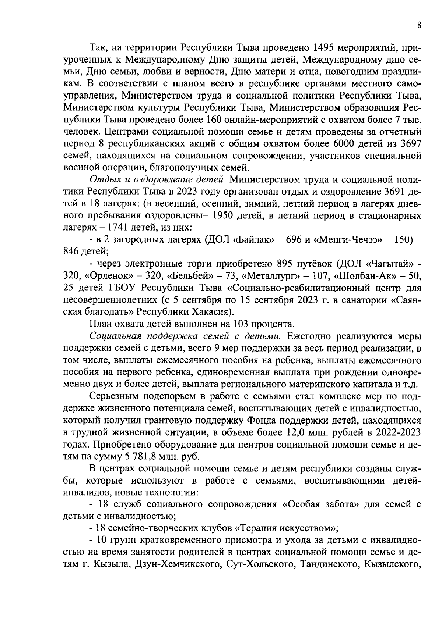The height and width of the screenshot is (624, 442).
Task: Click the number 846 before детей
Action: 71,252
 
